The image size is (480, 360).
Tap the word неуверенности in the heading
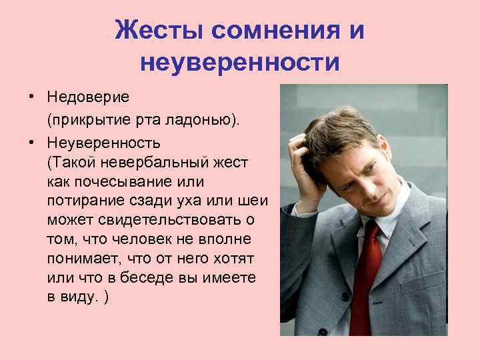[240, 62]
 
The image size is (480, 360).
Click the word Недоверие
[89, 97]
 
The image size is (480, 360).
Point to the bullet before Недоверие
[31, 97]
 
